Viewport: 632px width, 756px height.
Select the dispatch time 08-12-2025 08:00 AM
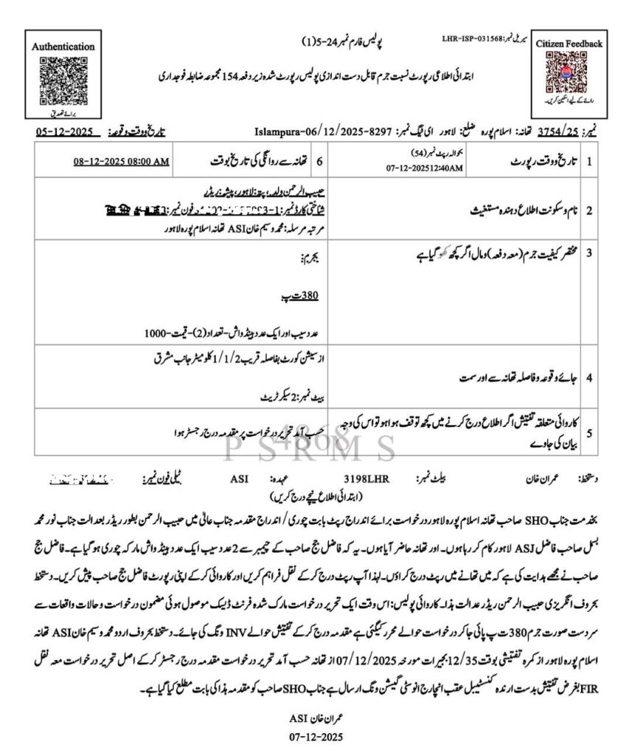(x=122, y=161)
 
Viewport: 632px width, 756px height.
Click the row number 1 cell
(x=589, y=161)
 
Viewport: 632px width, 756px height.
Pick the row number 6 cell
(x=319, y=161)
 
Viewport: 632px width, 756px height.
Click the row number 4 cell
(x=589, y=378)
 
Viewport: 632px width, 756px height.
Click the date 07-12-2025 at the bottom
(x=316, y=737)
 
